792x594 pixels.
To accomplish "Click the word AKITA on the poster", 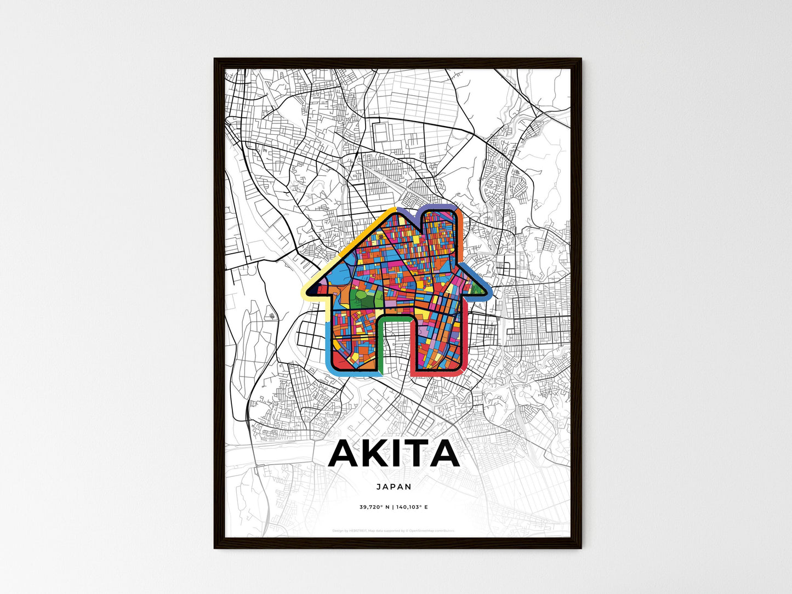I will point(394,454).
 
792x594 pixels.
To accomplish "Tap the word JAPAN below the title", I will point(394,486).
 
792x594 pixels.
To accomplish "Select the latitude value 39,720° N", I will point(374,507).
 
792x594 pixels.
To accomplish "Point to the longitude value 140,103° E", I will point(411,507).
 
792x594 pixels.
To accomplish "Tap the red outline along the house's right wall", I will point(464,340).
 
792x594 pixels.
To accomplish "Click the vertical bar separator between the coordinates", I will point(392,507).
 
